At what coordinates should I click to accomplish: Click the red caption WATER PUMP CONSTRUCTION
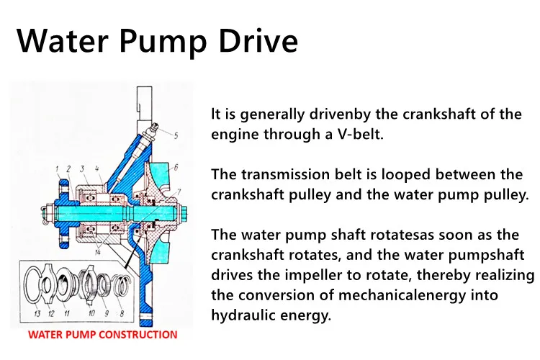pos(103,335)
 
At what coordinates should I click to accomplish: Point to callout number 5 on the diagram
pos(176,135)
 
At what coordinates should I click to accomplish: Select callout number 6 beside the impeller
pos(176,168)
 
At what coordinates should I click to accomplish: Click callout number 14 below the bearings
pos(97,253)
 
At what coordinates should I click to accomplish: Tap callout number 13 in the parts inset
pos(37,313)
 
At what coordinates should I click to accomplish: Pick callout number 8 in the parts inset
pos(122,313)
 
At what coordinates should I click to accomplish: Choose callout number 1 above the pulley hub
pos(58,168)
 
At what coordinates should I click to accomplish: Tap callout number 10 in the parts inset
pos(91,313)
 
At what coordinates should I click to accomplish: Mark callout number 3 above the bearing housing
pos(81,168)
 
